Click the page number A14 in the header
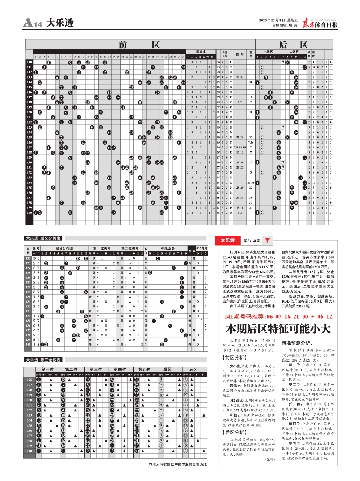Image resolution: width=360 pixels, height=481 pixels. tap(33, 23)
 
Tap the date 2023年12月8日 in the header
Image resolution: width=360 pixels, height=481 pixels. tap(273, 20)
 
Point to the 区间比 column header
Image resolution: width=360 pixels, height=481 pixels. tap(201, 52)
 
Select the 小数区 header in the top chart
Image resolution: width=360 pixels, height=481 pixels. tap(268, 52)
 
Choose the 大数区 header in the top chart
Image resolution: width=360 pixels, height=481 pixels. tap(294, 52)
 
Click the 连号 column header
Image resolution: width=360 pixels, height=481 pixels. tap(239, 54)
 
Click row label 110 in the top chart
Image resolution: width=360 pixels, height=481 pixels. tap(29, 62)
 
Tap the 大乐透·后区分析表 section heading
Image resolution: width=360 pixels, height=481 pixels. tap(43, 238)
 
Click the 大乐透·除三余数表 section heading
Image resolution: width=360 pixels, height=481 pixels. tap(43, 360)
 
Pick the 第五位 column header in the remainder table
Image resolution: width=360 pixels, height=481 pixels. tap(144, 369)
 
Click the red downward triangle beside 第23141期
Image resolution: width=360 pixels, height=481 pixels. tap(267, 240)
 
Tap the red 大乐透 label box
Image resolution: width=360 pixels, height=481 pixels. tap(227, 240)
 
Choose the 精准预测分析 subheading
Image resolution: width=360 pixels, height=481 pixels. tap(296, 343)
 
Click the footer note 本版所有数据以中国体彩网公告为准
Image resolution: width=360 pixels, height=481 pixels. tap(178, 464)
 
